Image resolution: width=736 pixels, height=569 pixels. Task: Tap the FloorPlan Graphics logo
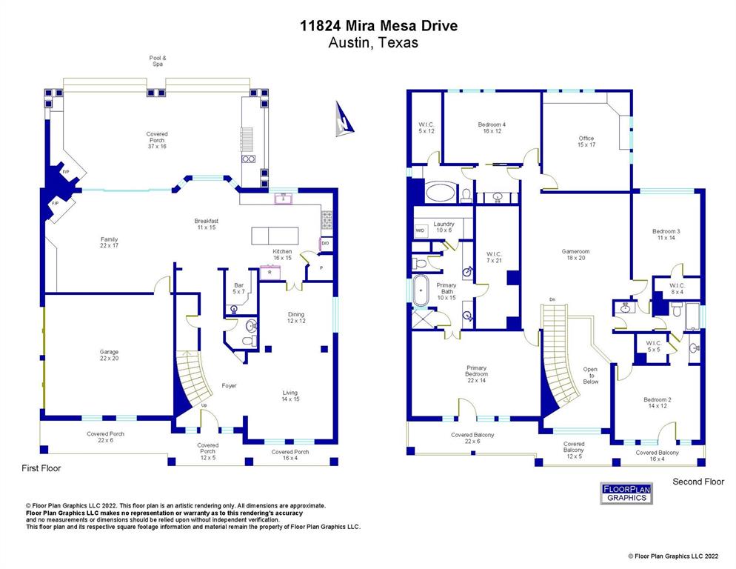pyautogui.click(x=626, y=493)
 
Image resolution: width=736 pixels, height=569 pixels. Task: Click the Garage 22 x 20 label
pyautogui.click(x=110, y=355)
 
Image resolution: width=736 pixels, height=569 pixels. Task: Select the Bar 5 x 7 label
pyautogui.click(x=238, y=287)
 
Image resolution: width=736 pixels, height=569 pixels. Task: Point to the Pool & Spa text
pyautogui.click(x=157, y=61)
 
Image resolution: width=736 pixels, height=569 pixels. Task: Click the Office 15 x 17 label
pyautogui.click(x=586, y=141)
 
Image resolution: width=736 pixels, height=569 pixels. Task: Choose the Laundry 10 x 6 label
pyautogui.click(x=444, y=227)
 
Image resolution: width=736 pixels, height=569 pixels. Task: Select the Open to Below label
pyautogui.click(x=591, y=375)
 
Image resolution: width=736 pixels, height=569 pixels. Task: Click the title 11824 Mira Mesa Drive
pyautogui.click(x=378, y=26)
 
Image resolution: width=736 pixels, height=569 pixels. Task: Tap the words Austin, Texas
pyautogui.click(x=373, y=43)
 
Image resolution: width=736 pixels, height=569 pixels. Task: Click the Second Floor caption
pyautogui.click(x=697, y=482)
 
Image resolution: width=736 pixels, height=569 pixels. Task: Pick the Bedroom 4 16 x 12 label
pyautogui.click(x=492, y=127)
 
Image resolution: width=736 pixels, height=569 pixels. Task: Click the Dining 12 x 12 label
pyautogui.click(x=295, y=318)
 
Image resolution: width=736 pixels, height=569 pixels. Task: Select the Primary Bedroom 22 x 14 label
pyautogui.click(x=476, y=373)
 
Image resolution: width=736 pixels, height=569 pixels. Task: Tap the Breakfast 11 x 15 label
pyautogui.click(x=207, y=224)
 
